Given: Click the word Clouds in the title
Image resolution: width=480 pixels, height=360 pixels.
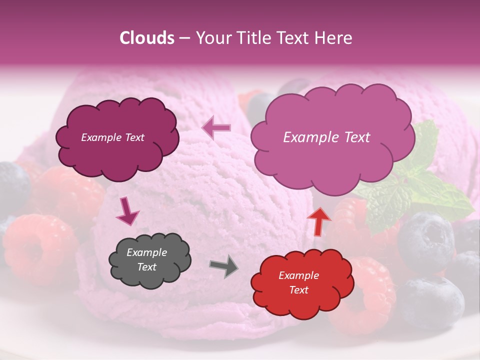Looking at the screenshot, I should [147, 38].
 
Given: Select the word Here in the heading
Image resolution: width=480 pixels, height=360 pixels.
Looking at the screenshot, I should [333, 38].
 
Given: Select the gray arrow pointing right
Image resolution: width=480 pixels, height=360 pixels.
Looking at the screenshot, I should [223, 266].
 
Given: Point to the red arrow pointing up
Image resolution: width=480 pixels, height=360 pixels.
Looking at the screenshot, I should [318, 220].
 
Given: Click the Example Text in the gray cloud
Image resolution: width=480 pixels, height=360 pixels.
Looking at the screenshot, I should [147, 260].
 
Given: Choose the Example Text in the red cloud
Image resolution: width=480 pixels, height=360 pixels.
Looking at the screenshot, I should [298, 282].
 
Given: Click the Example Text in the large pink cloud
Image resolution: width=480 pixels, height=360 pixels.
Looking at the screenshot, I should [326, 137].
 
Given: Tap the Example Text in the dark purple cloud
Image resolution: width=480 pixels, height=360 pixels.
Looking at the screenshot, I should [112, 137].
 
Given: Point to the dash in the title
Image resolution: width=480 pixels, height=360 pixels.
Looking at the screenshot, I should [184, 38].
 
